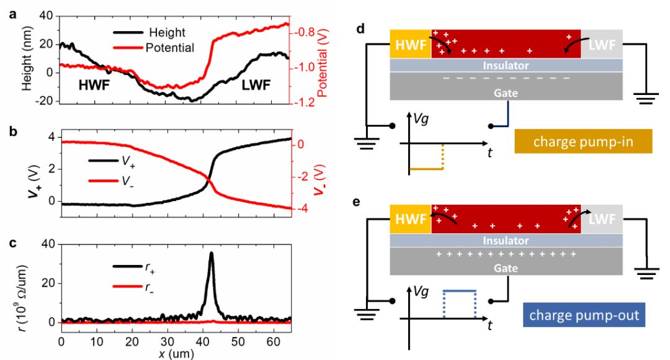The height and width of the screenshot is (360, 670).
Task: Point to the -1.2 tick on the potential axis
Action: click(x=301, y=102)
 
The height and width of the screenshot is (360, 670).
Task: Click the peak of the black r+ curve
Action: click(x=212, y=253)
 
